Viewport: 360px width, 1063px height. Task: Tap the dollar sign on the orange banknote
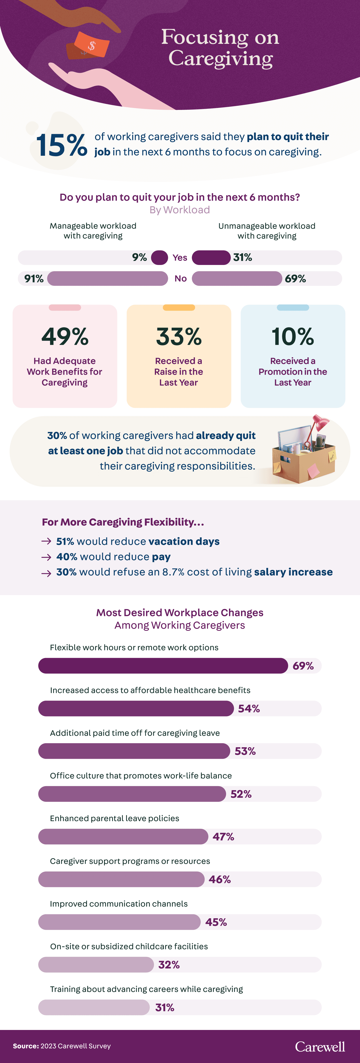click(92, 45)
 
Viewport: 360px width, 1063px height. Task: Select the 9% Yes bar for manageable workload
click(159, 258)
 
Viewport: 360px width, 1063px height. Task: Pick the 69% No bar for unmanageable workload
click(237, 278)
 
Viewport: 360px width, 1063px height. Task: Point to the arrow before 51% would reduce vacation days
click(46, 541)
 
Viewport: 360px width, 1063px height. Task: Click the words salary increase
click(293, 572)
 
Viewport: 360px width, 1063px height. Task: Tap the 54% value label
click(249, 709)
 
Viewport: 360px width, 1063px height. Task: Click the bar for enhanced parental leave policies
click(123, 836)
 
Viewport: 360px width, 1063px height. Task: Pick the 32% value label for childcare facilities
click(169, 965)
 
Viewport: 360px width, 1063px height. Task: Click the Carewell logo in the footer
click(320, 1047)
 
